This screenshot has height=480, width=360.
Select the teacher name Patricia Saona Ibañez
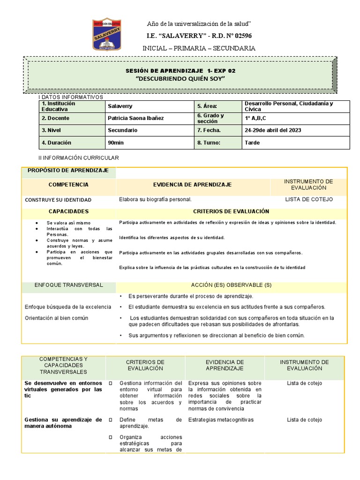(x=136, y=118)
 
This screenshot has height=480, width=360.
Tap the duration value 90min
(x=116, y=142)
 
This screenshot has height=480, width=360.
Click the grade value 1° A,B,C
(x=256, y=118)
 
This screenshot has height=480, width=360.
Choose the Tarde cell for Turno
(x=252, y=142)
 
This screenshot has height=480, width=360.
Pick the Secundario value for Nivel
(x=123, y=130)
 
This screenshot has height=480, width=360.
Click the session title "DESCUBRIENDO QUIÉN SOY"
(x=180, y=78)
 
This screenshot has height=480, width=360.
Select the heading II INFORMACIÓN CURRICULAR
(x=79, y=158)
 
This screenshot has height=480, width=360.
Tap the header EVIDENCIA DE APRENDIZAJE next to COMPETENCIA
(x=192, y=185)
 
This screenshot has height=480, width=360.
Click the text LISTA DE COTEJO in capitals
(x=309, y=199)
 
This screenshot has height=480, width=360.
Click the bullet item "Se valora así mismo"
(x=68, y=223)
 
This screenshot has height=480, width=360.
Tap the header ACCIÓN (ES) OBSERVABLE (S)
(x=231, y=285)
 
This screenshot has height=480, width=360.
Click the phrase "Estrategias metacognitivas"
(x=220, y=420)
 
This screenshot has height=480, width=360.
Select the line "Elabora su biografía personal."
(x=155, y=199)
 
